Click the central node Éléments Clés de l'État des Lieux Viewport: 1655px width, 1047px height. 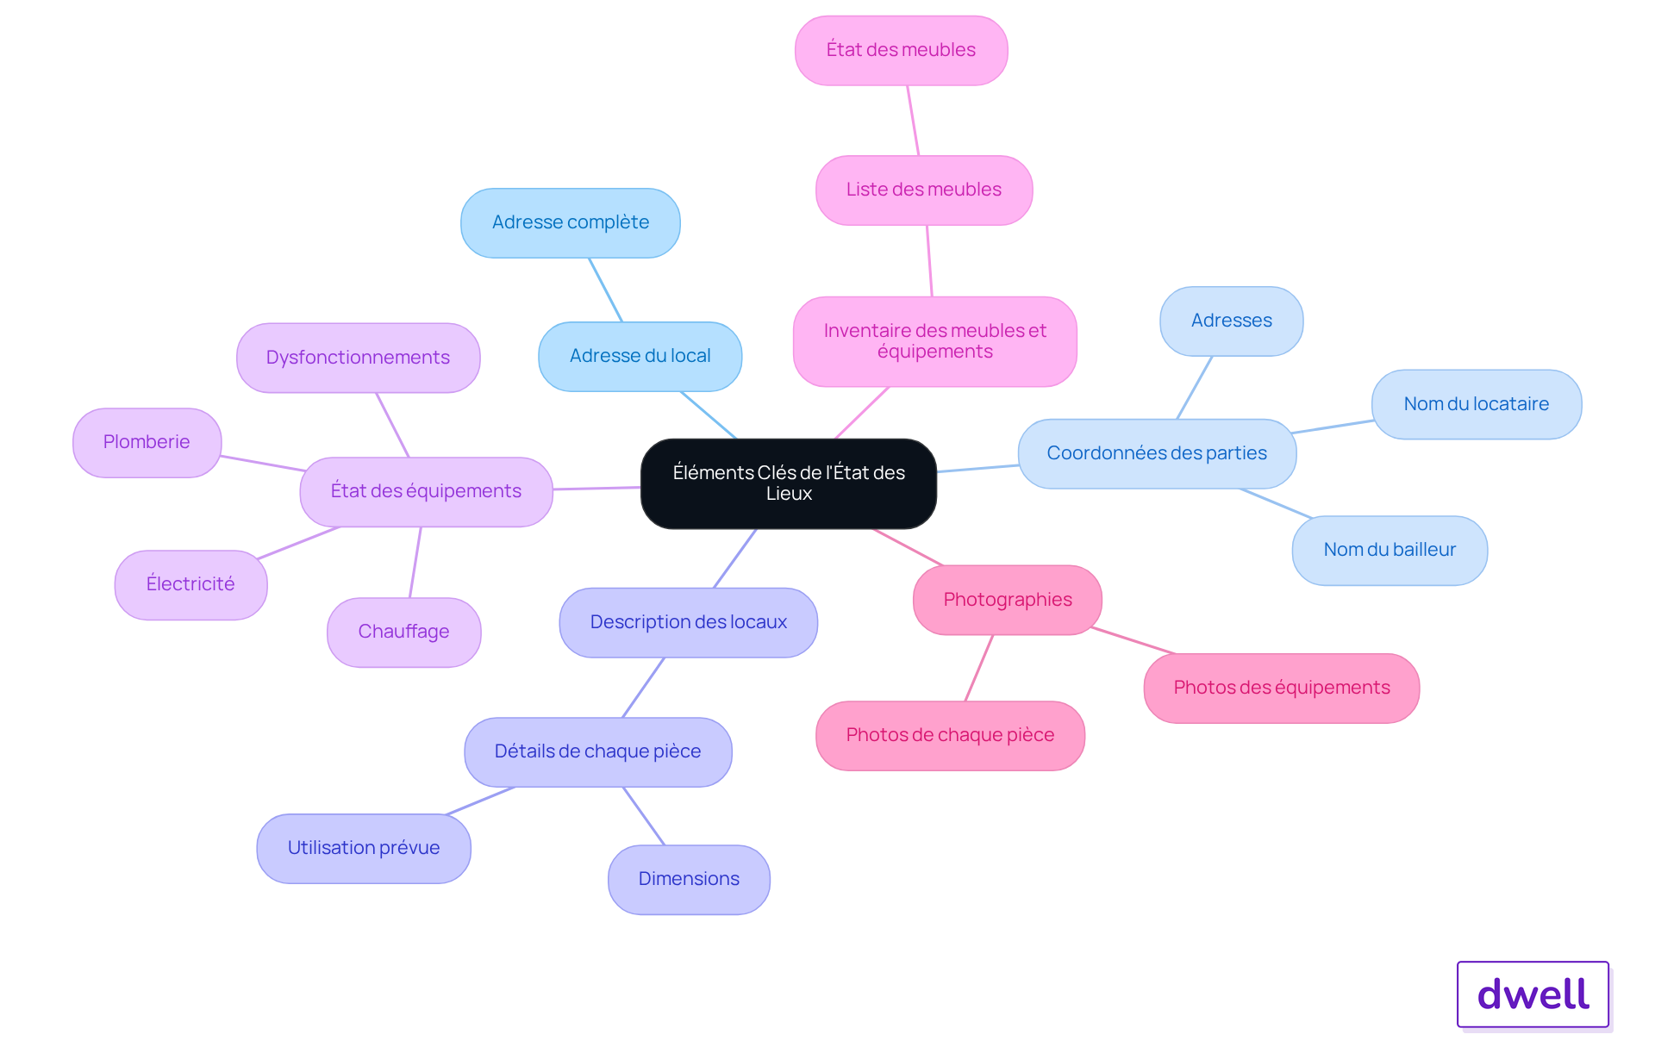[789, 483]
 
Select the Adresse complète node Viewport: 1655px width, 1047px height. [571, 222]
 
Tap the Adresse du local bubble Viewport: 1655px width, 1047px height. [640, 356]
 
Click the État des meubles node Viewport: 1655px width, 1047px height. [901, 50]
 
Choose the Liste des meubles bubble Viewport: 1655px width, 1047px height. [924, 190]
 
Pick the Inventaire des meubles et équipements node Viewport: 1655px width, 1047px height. [935, 341]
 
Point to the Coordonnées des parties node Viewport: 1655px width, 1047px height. [1157, 453]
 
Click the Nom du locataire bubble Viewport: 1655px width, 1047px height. [1477, 404]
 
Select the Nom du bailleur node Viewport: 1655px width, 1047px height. [1390, 550]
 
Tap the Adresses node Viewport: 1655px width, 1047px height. [1232, 321]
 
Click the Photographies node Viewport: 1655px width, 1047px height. [1008, 600]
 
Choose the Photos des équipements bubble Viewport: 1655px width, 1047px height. [1282, 688]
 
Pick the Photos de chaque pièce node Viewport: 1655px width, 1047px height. [950, 735]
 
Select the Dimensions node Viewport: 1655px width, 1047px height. [689, 879]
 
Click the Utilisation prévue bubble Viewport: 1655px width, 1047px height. [364, 848]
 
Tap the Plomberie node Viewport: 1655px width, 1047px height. [147, 442]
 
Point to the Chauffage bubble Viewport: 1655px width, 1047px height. [403, 632]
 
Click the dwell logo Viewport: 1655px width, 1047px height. [1533, 994]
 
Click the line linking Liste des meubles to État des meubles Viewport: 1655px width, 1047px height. [913, 121]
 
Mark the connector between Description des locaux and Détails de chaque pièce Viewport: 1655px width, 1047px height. [643, 688]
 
